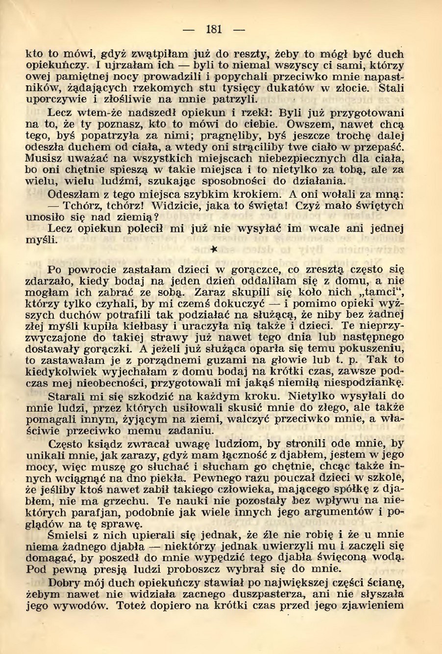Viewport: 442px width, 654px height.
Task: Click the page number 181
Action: coord(214,29)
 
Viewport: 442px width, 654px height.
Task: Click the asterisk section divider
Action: coord(213,249)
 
